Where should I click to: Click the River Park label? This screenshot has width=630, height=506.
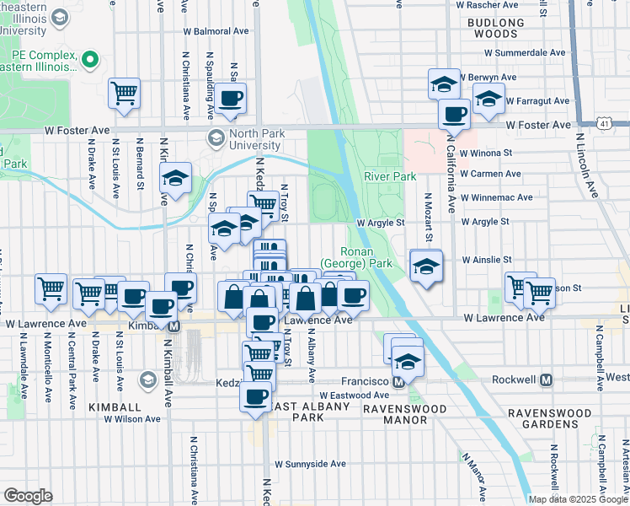click(x=390, y=176)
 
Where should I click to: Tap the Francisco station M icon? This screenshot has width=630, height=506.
click(x=400, y=380)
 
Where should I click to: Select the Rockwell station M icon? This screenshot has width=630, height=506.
click(x=547, y=379)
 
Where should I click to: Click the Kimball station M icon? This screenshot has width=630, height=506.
click(x=174, y=326)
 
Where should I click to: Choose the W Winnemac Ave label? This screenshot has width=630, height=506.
click(x=496, y=197)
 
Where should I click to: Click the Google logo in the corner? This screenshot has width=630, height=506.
click(x=28, y=496)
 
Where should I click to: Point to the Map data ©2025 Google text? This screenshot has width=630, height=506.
click(x=578, y=499)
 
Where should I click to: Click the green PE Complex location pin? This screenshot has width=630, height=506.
click(x=89, y=59)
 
